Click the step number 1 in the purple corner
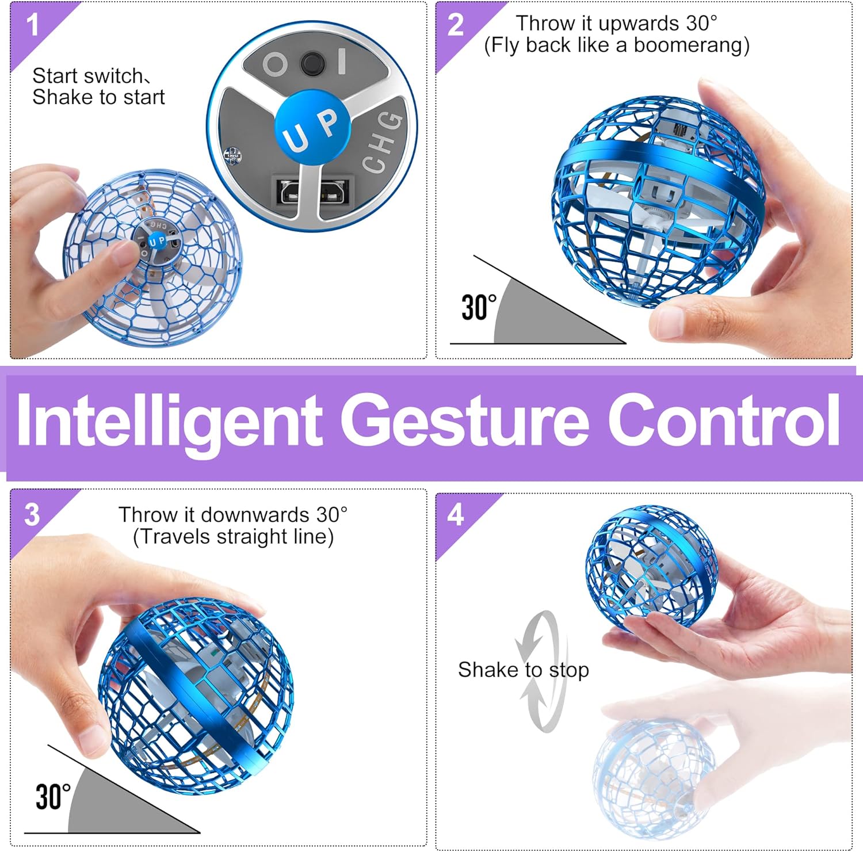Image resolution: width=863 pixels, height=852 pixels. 33,25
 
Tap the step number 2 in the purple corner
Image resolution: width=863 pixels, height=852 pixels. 456,25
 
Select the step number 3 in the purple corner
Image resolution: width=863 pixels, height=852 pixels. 32,514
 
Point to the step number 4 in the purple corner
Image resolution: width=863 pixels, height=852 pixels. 456,514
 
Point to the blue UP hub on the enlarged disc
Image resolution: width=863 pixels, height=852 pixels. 312,129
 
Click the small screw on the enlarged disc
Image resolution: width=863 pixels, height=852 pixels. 232,155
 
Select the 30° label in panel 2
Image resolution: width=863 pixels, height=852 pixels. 479,307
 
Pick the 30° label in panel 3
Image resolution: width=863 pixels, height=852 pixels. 53,797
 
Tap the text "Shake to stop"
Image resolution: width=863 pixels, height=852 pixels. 524,670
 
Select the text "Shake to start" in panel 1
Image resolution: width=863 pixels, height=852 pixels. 98,97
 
